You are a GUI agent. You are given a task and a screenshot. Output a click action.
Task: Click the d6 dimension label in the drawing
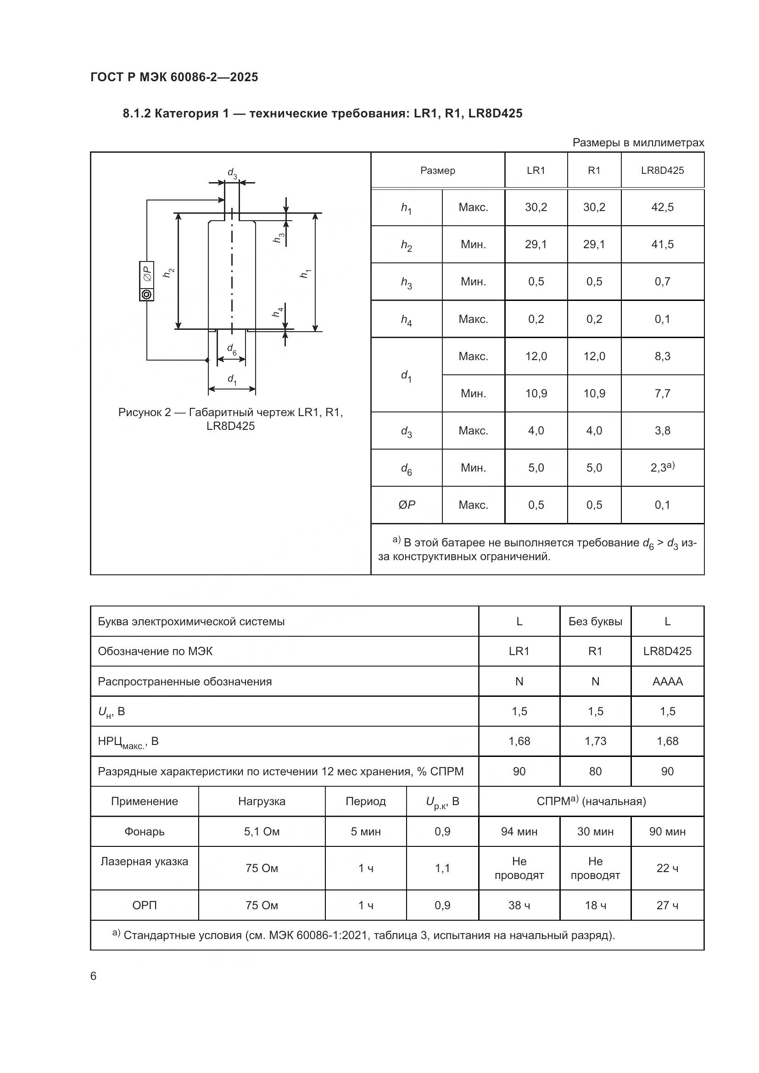pyautogui.click(x=232, y=349)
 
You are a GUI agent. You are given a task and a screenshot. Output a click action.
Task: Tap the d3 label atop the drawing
pyautogui.click(x=232, y=173)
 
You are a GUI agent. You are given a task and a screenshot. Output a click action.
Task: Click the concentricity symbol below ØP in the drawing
pyautogui.click(x=147, y=295)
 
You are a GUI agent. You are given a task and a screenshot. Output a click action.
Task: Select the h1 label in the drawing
pyautogui.click(x=305, y=273)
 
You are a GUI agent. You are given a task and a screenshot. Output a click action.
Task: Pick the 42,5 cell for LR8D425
pyautogui.click(x=662, y=207)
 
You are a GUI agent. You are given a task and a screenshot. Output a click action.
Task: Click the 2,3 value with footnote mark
pyautogui.click(x=662, y=467)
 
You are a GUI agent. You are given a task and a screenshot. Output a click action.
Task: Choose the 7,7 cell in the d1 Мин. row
pyautogui.click(x=662, y=394)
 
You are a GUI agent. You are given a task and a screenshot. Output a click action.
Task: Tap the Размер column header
pyautogui.click(x=437, y=171)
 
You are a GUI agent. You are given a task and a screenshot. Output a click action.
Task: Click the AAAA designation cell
pyautogui.click(x=667, y=681)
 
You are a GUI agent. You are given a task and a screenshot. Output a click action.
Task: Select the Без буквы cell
pyautogui.click(x=595, y=622)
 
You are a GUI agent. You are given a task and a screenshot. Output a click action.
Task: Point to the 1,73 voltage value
pyautogui.click(x=595, y=741)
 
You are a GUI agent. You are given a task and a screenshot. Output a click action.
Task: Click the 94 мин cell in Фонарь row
pyautogui.click(x=519, y=831)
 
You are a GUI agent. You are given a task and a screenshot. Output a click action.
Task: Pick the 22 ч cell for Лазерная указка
pyautogui.click(x=667, y=868)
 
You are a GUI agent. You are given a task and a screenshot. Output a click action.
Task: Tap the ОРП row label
pyautogui.click(x=145, y=905)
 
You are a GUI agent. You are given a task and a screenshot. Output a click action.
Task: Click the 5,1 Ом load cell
pyautogui.click(x=261, y=831)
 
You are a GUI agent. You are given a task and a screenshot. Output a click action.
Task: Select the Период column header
pyautogui.click(x=365, y=801)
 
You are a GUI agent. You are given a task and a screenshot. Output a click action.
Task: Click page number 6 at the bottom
pyautogui.click(x=94, y=976)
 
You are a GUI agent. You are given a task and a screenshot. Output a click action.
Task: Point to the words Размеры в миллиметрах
pyautogui.click(x=638, y=143)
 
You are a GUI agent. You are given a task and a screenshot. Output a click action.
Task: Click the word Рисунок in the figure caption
pyautogui.click(x=139, y=412)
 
